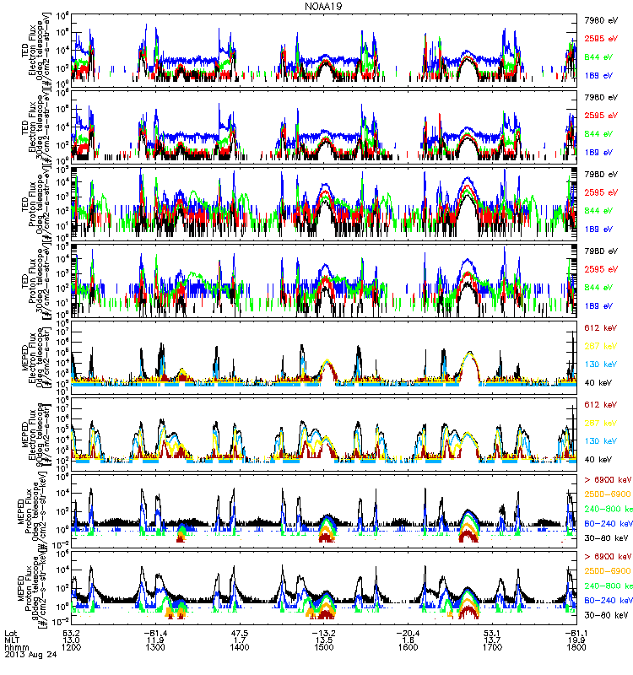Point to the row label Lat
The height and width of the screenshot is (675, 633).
(10, 634)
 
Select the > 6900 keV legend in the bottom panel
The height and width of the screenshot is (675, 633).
(607, 557)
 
